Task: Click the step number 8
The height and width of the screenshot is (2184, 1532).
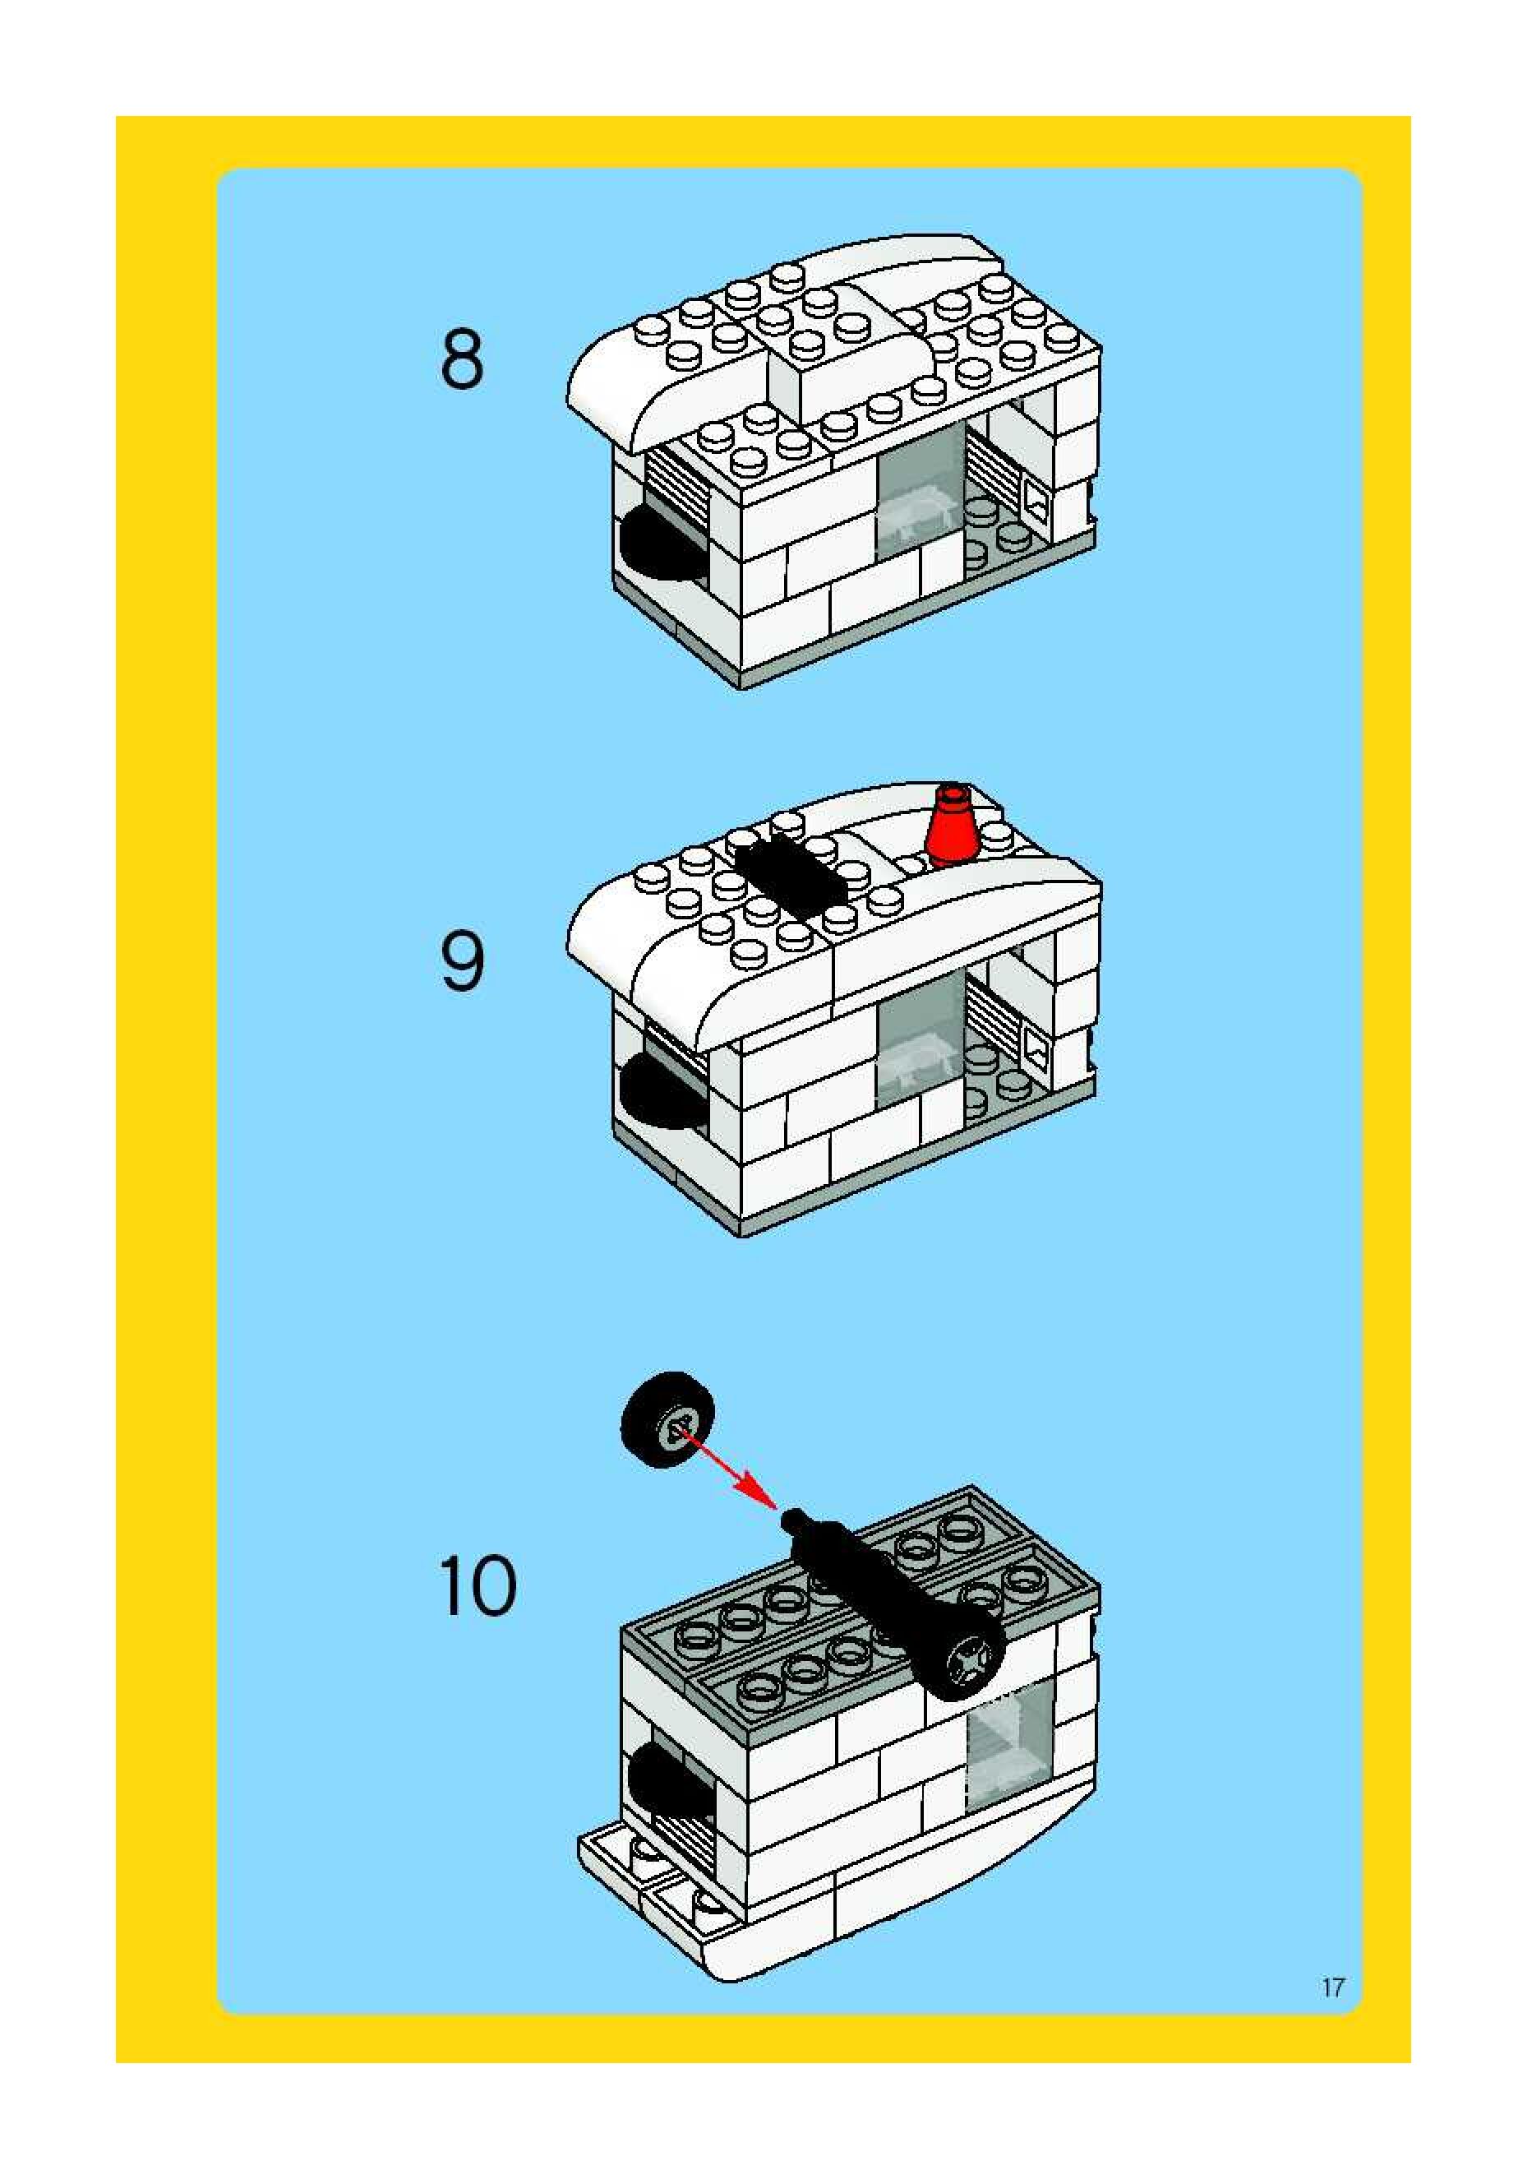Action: click(x=462, y=359)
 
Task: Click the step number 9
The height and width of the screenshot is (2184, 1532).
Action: click(x=462, y=962)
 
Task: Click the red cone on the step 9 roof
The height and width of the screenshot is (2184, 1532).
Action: click(x=954, y=826)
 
